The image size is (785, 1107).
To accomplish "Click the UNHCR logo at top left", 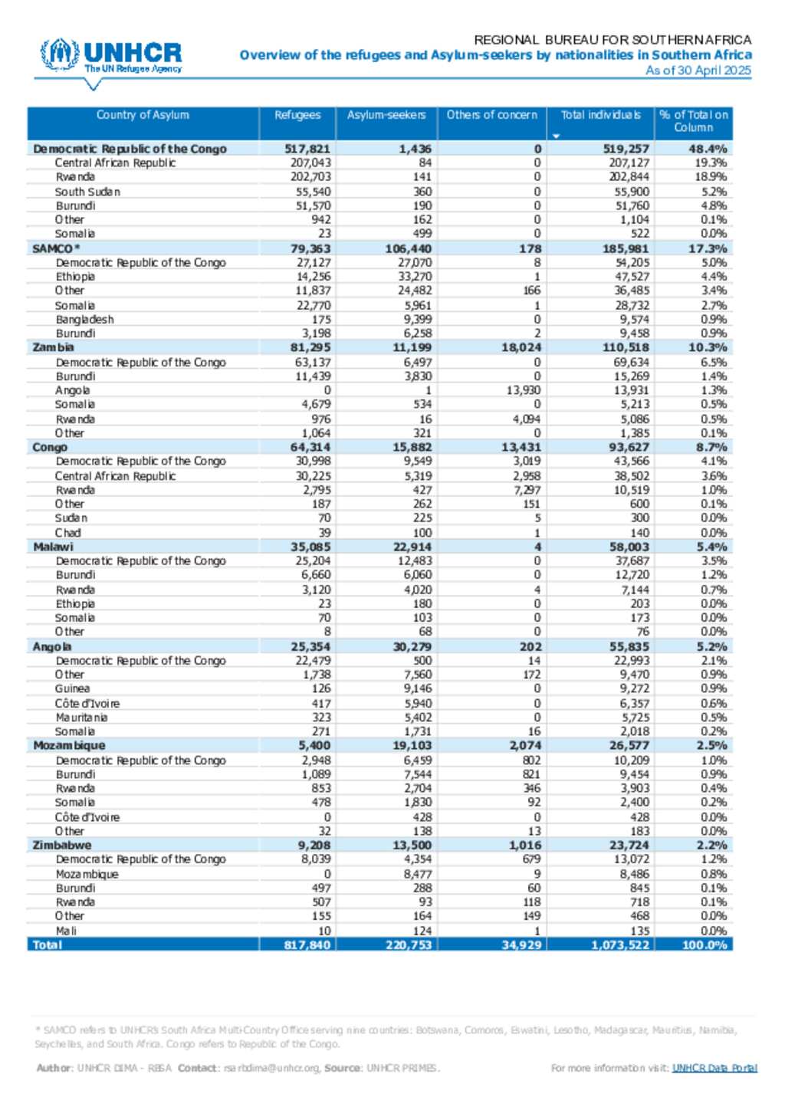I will [x=112, y=57].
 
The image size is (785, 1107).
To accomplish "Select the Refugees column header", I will [x=297, y=115].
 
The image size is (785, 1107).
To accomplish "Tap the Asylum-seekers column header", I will [x=386, y=115].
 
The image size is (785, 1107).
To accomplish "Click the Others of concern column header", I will [x=492, y=115].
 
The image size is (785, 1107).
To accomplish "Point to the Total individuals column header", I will [x=600, y=115].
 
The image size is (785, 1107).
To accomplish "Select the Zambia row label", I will [x=53, y=347].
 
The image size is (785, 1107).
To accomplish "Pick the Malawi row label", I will [x=53, y=547].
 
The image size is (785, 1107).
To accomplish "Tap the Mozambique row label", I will [x=69, y=745].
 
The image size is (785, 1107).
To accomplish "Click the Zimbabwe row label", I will [x=61, y=845].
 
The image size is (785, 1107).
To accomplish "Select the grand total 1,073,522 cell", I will [x=620, y=944].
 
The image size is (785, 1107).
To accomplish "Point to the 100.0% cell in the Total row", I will [x=704, y=944].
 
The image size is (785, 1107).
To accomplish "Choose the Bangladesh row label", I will [x=84, y=320].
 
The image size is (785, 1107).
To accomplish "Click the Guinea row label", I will [x=72, y=688].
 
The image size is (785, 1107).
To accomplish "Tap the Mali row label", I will [x=66, y=931].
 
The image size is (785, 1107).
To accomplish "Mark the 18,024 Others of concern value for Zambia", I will [x=521, y=347].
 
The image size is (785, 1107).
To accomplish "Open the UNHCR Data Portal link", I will [x=714, y=1068].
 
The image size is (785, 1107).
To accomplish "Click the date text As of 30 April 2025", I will [x=698, y=71].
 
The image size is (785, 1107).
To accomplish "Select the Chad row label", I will [x=67, y=533].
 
